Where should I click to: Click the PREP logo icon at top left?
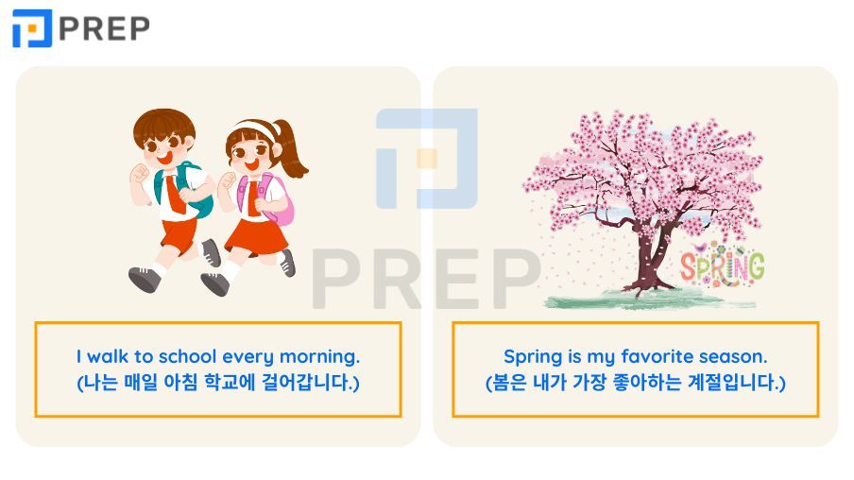(32, 28)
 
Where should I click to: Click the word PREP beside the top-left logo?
(104, 29)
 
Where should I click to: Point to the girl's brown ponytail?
(291, 150)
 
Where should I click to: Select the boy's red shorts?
(179, 235)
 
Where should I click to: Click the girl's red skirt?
(256, 237)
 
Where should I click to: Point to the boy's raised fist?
(140, 174)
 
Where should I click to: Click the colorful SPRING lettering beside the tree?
(722, 266)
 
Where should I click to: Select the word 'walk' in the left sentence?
(109, 356)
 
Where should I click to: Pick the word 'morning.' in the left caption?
(319, 357)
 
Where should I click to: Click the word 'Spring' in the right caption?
(533, 357)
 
